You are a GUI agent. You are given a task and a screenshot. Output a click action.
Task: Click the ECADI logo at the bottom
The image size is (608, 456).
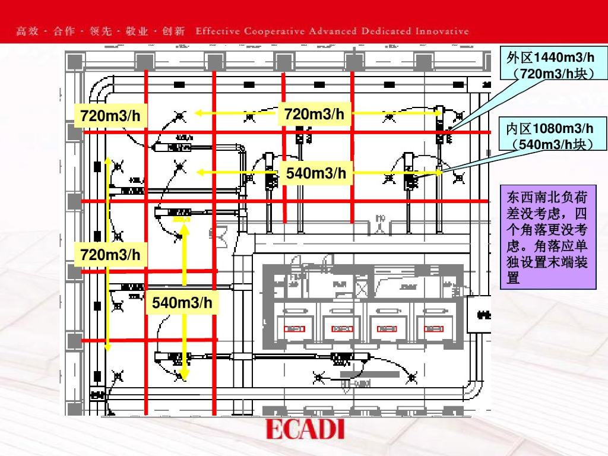pos(305,429)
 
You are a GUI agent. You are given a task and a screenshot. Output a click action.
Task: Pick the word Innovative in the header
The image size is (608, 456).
pos(442,31)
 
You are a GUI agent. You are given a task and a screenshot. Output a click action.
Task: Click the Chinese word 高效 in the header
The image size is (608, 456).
pos(27,31)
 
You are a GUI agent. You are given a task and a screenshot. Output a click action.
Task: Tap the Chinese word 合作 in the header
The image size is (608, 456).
pos(64,31)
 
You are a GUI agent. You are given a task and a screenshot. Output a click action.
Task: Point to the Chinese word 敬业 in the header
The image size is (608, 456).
pos(137,31)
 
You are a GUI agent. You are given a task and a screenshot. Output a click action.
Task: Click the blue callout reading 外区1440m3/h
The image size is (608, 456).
pos(549,65)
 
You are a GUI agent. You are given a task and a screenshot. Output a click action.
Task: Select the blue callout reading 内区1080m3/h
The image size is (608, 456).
pos(549,136)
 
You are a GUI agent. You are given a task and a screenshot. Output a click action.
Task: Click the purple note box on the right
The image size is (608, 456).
pos(548,237)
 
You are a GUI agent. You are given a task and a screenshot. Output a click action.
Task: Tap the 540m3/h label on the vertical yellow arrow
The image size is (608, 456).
pos(182,303)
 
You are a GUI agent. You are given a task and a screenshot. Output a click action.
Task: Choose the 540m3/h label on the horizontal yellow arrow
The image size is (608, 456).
pos(316,173)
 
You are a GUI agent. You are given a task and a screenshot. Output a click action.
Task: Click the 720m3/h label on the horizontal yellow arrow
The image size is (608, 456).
pos(314,114)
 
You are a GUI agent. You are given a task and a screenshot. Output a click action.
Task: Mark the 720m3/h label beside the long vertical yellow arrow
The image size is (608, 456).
pos(110,255)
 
